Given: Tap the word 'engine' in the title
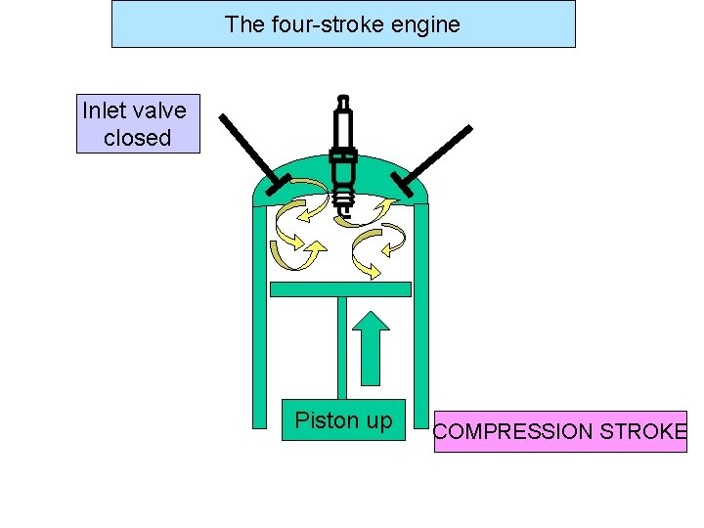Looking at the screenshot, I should [x=425, y=24].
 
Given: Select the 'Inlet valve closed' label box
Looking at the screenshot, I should [x=138, y=124].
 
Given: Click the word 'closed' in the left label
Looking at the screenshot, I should [x=138, y=138].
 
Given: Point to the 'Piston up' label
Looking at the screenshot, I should [x=343, y=420].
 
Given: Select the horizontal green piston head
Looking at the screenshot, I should [x=339, y=289].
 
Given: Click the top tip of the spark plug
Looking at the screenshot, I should [x=342, y=100].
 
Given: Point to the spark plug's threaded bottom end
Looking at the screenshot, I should [x=342, y=203].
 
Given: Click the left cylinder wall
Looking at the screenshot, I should [x=259, y=323].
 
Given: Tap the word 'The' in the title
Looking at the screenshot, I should [x=243, y=24].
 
